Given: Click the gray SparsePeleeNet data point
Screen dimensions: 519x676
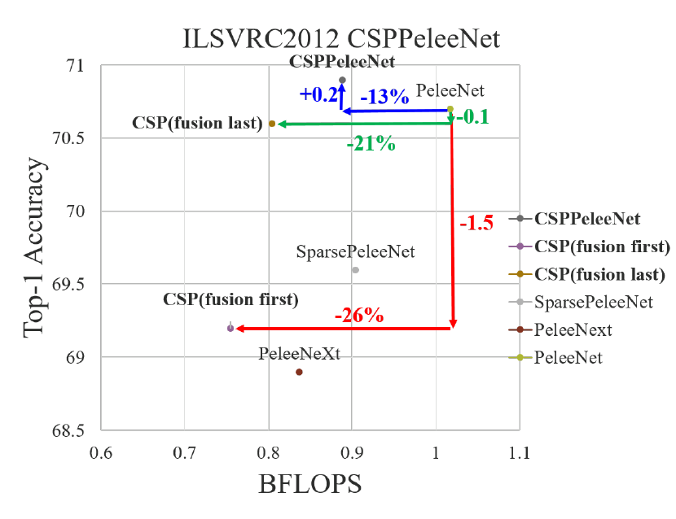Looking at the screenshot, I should coord(355,270).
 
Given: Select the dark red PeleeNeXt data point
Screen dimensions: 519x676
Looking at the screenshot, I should coord(299,372).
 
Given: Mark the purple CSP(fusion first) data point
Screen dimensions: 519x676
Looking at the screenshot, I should coord(230,328).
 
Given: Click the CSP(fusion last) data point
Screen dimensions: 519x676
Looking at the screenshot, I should coord(272,124).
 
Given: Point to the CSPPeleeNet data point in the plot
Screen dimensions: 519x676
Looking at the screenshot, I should coord(342,80).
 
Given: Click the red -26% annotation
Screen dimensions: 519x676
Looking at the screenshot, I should coord(358,315).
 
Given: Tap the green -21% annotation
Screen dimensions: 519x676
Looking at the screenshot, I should coord(371,145).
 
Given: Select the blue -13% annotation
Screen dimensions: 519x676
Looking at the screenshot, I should coord(384,96).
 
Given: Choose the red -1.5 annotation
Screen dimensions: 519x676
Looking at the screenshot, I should coord(476,223).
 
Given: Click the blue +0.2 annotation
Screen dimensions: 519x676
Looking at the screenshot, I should coord(318,94).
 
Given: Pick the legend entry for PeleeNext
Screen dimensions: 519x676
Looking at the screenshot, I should coord(573,329).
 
